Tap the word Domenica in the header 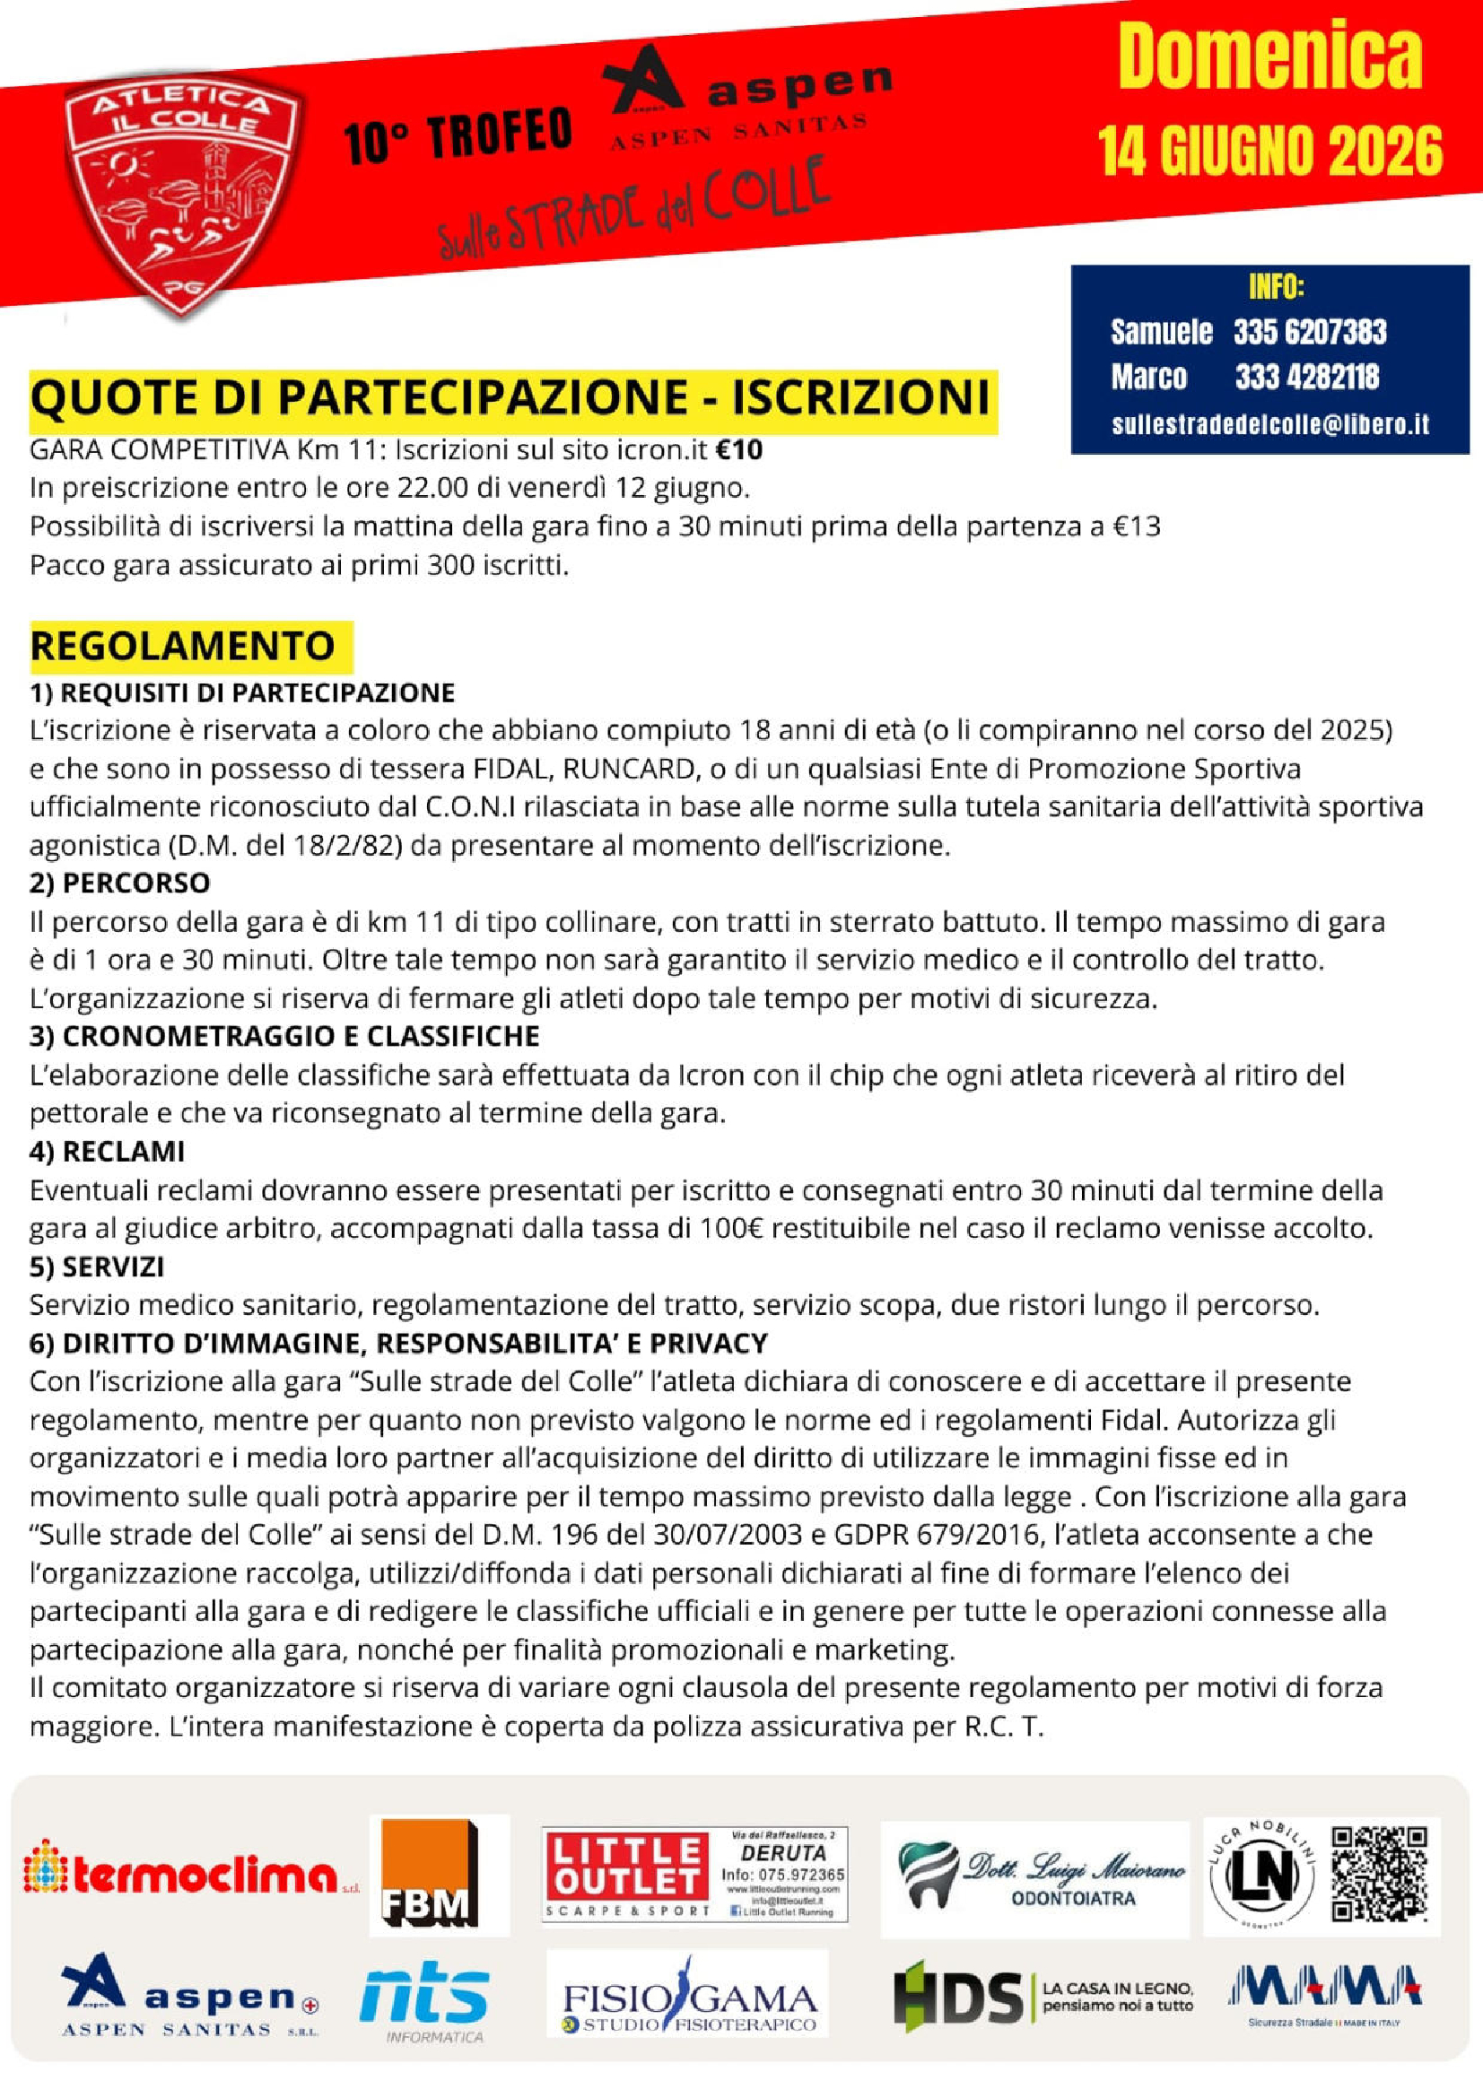(1269, 56)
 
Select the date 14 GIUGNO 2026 (1269, 151)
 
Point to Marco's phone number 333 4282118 (1306, 377)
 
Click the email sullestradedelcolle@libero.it (1270, 424)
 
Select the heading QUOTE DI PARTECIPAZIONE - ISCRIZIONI (510, 397)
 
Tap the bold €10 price (738, 449)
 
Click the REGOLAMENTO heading (183, 646)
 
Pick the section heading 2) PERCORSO (119, 883)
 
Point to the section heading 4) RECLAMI (107, 1152)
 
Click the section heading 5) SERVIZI (97, 1267)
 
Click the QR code (1379, 1873)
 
